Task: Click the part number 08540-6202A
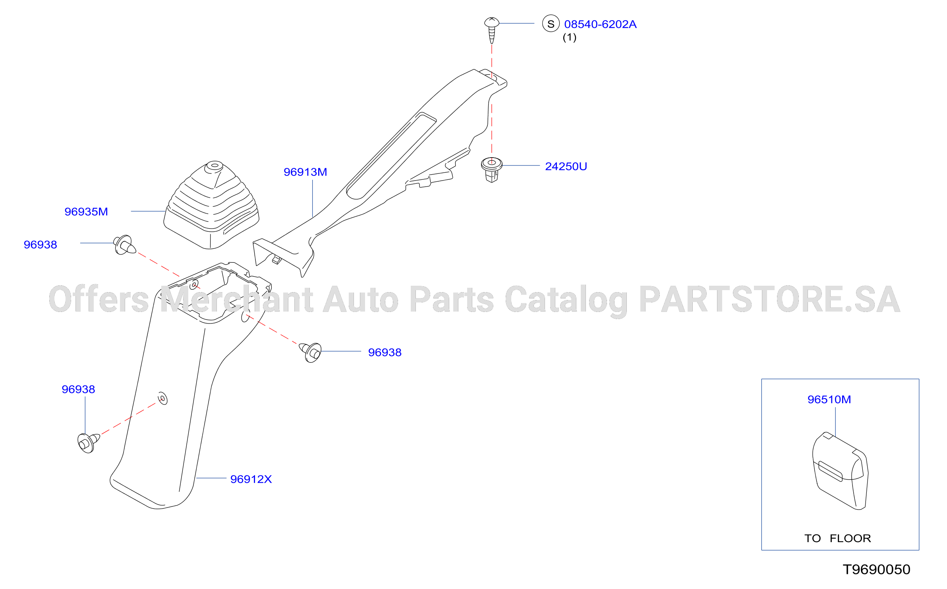coord(600,24)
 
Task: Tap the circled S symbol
coord(551,24)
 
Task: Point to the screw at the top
coord(492,30)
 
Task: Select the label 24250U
coord(566,166)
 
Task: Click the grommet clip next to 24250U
coord(492,170)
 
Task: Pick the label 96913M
coord(305,172)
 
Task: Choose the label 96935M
coord(86,212)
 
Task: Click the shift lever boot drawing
coord(212,205)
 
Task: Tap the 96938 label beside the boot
coord(41,244)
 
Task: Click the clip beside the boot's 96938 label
coord(125,244)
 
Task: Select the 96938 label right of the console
coord(385,352)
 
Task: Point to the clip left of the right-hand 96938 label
coord(310,352)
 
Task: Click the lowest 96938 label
coord(78,389)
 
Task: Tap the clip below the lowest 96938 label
coord(89,443)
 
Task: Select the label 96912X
coord(251,479)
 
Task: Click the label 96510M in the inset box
coord(829,399)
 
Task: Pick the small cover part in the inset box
coord(840,471)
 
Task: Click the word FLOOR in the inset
coord(850,538)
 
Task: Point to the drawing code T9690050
coord(877,570)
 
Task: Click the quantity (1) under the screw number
coord(570,37)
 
